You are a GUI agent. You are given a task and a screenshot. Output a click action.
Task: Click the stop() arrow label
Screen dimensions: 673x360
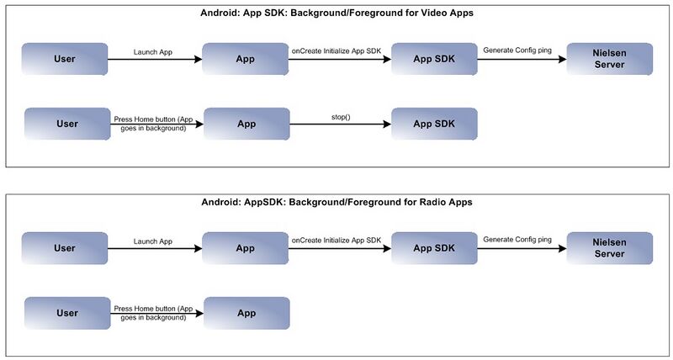click(x=342, y=116)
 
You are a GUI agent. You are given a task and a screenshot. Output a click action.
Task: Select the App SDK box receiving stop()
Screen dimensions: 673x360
click(x=434, y=124)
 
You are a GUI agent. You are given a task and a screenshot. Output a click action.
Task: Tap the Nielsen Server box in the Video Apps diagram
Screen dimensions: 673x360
click(x=609, y=59)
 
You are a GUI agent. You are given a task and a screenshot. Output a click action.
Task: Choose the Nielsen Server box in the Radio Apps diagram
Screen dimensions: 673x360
click(x=609, y=248)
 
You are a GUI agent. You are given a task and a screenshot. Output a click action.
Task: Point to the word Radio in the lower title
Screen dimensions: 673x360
click(x=436, y=202)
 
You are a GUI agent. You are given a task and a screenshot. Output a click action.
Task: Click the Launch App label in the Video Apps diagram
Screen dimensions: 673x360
click(x=153, y=52)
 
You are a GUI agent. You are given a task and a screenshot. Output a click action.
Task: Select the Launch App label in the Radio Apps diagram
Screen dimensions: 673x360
click(x=153, y=241)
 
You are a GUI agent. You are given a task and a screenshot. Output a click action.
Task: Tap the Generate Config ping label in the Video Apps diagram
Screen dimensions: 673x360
click(x=517, y=50)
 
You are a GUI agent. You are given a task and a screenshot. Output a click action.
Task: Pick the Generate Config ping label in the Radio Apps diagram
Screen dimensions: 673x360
click(x=517, y=240)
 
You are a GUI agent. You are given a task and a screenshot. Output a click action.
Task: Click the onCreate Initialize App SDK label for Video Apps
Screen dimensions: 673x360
click(x=336, y=51)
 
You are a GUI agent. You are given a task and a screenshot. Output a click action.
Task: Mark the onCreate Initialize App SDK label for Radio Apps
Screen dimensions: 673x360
click(x=336, y=241)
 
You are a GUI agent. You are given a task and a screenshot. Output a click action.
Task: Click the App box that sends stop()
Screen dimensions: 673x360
click(x=246, y=124)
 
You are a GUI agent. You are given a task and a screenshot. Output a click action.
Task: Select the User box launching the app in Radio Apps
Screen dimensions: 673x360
click(x=65, y=248)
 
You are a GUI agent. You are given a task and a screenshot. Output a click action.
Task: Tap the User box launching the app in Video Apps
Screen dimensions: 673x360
click(x=65, y=59)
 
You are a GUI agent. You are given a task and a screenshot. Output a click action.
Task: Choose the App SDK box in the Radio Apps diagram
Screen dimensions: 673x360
click(x=434, y=248)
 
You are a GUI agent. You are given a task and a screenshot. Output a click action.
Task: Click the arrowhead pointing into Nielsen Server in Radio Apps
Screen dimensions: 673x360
click(x=562, y=248)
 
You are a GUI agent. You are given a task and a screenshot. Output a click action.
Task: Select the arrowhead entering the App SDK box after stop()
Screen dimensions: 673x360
click(x=387, y=124)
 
